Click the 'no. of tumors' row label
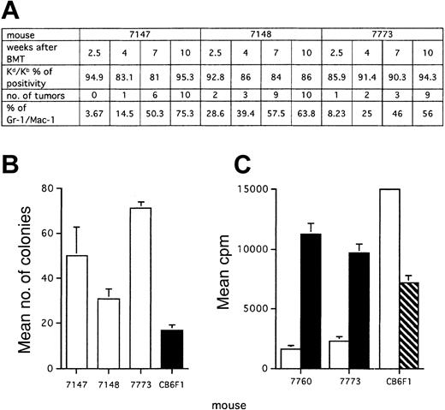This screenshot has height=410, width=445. click(37, 110)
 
